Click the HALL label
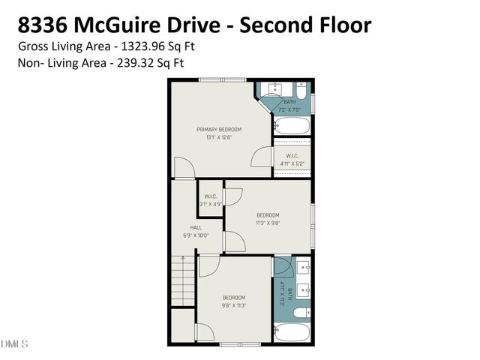[x=195, y=227]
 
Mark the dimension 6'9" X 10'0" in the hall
[x=195, y=235]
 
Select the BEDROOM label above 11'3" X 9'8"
[x=268, y=214]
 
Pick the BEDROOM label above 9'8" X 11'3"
[x=233, y=298]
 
